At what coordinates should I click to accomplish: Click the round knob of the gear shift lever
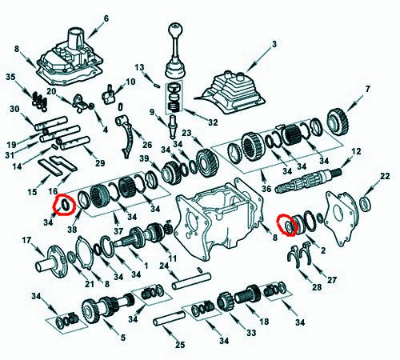click(174, 30)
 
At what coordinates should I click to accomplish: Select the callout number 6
click(106, 18)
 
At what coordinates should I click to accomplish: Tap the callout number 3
click(274, 44)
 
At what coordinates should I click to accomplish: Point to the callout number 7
click(368, 89)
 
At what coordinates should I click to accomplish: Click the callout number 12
click(356, 151)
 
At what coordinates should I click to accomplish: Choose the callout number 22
click(385, 176)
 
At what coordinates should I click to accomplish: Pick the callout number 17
click(26, 240)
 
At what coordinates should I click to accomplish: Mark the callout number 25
click(180, 345)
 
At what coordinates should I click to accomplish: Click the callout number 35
click(10, 77)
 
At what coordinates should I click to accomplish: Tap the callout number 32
click(213, 122)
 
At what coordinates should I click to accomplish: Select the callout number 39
click(145, 158)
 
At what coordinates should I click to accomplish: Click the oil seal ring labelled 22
click(365, 203)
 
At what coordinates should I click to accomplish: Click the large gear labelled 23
click(207, 163)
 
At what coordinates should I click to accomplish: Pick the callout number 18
click(264, 322)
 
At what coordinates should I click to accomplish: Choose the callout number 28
click(317, 287)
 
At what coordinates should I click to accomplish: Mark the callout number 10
click(130, 82)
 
